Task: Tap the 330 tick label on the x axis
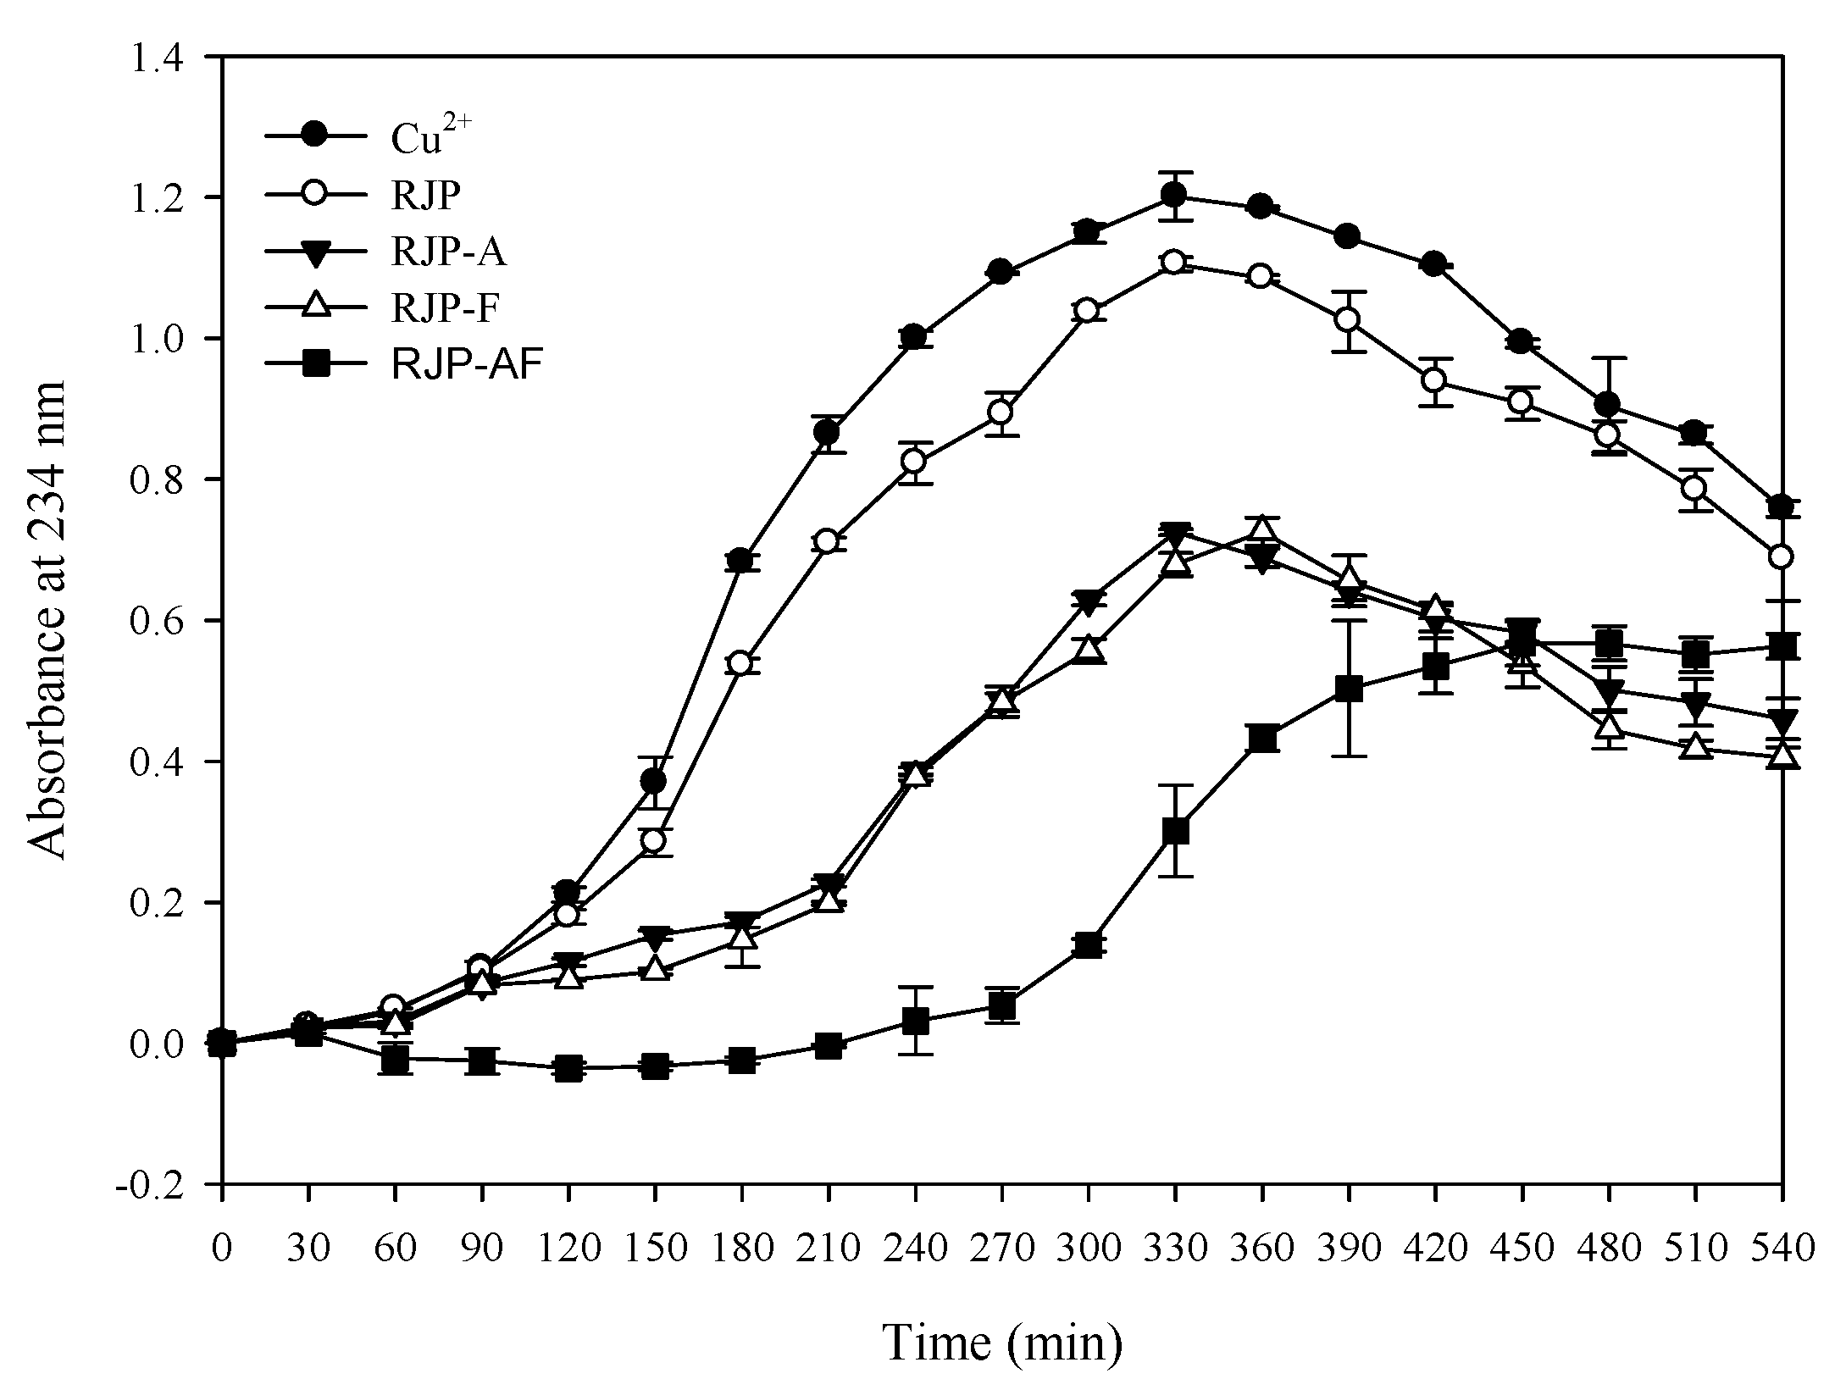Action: tap(1174, 1248)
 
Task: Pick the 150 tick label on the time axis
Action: tap(653, 1248)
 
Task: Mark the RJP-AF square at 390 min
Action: tap(1348, 689)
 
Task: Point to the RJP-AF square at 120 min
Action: tap(567, 1068)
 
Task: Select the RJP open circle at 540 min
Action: tap(1782, 557)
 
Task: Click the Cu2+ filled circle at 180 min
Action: tap(740, 561)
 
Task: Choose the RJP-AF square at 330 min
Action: tap(1175, 831)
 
